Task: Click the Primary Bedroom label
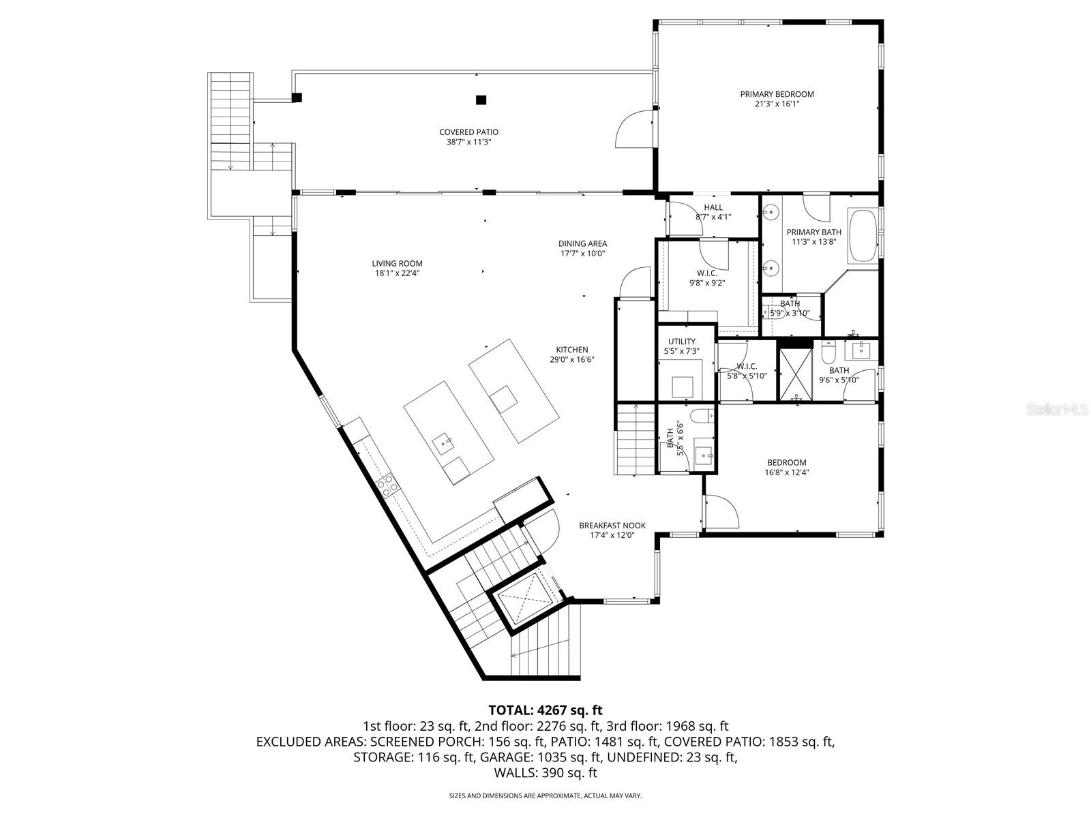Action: pos(777,94)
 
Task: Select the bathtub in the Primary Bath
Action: pos(863,236)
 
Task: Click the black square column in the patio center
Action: pos(481,100)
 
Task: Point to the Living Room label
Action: pos(397,264)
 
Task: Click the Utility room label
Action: pos(681,342)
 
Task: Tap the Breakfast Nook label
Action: pos(612,526)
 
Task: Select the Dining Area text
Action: pos(582,243)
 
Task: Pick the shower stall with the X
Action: pos(795,374)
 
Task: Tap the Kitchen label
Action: pos(571,350)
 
